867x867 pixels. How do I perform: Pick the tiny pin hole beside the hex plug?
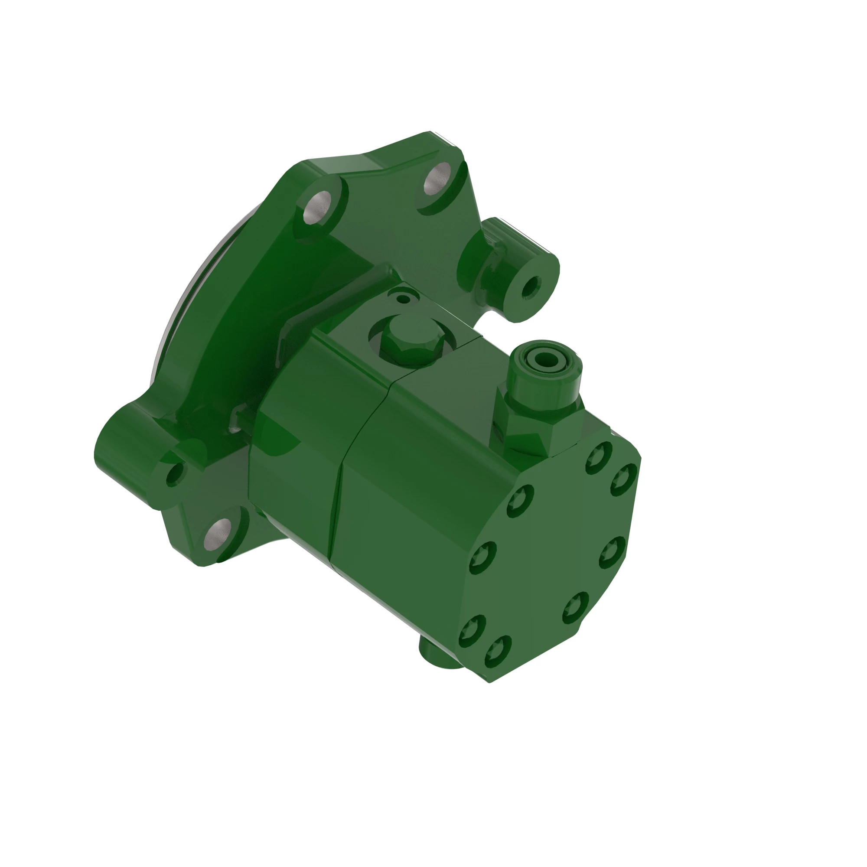[x=404, y=298]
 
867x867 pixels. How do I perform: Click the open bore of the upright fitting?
[x=545, y=359]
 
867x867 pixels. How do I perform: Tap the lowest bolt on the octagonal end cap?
[x=497, y=652]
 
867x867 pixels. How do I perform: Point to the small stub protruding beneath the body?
[x=437, y=655]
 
